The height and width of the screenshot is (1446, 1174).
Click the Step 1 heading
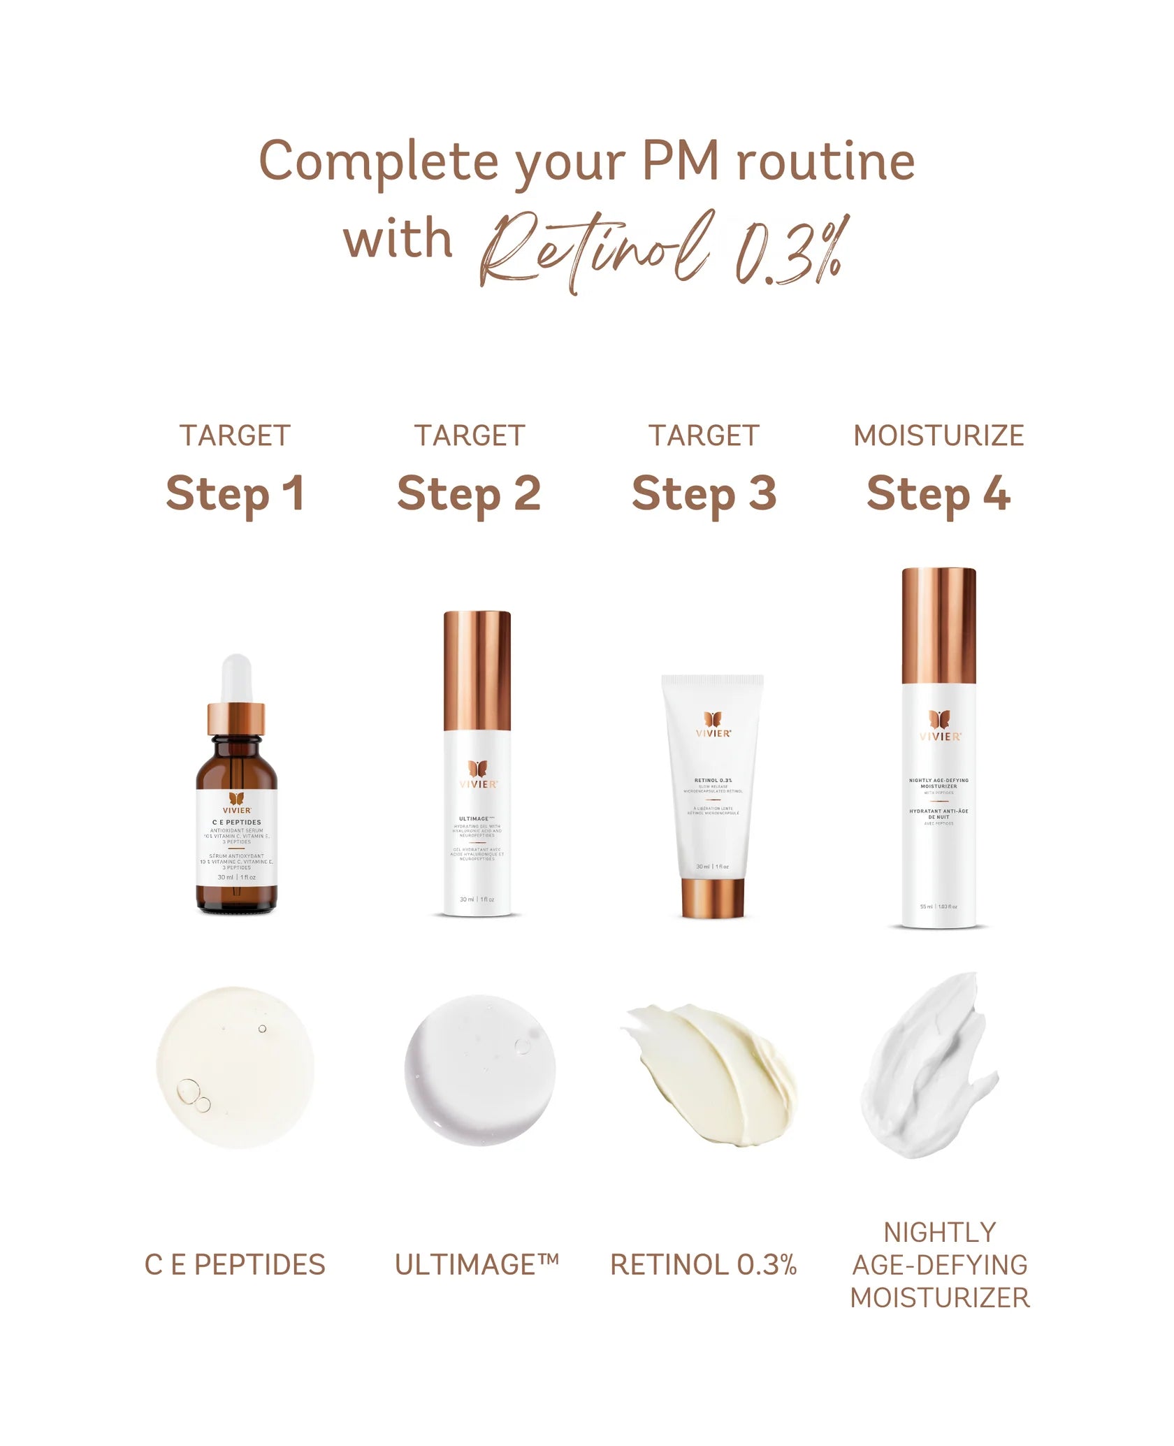[235, 494]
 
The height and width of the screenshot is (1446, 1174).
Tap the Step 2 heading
[469, 494]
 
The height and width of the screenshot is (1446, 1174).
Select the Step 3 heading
[704, 494]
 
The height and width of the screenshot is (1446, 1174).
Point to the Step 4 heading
[939, 494]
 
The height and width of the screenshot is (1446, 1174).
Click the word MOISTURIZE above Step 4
[939, 435]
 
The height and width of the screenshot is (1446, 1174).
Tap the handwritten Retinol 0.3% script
[664, 252]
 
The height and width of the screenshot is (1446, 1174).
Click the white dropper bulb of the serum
[236, 678]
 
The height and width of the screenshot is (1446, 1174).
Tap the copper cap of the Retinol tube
[713, 897]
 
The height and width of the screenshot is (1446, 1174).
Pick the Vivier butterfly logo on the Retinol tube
[713, 720]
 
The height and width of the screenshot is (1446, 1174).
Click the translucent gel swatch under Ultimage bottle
[480, 1070]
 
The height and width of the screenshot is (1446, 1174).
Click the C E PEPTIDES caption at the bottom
[235, 1265]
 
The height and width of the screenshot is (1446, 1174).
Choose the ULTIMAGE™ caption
[477, 1265]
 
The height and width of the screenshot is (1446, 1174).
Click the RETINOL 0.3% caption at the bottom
[704, 1265]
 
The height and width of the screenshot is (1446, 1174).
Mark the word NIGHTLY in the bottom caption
[940, 1232]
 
